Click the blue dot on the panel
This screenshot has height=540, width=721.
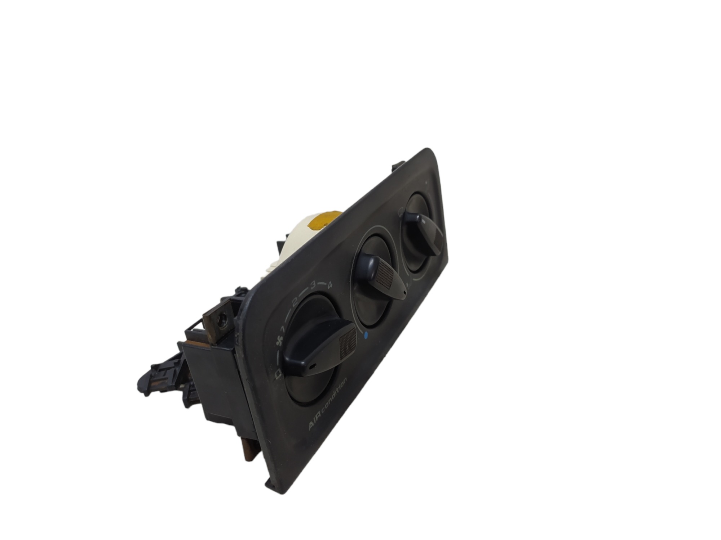tap(366, 337)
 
